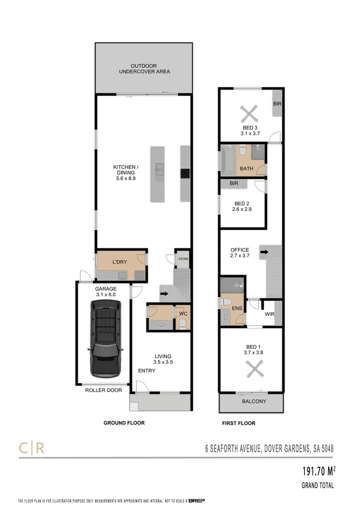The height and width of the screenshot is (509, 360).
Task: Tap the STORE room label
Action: pyautogui.click(x=183, y=259)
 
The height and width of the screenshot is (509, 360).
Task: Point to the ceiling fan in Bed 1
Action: pyautogui.click(x=253, y=369)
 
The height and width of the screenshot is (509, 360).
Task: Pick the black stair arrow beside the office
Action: pyautogui.click(x=264, y=252)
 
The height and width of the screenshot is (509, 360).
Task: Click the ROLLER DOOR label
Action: pyautogui.click(x=103, y=390)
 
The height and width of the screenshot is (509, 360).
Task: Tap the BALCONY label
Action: pyautogui.click(x=254, y=402)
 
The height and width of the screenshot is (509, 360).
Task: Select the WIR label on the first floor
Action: pyautogui.click(x=270, y=314)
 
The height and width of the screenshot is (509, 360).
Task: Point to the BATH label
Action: pyautogui.click(x=246, y=168)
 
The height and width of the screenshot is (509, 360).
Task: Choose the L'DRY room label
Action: pyautogui.click(x=119, y=262)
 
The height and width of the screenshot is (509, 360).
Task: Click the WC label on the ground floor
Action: pyautogui.click(x=183, y=313)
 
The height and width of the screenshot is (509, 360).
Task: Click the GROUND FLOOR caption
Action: pyautogui.click(x=124, y=423)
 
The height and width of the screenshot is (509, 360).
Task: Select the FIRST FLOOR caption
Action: pyautogui.click(x=238, y=423)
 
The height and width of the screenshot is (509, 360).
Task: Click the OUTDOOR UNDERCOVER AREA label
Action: pyautogui.click(x=144, y=69)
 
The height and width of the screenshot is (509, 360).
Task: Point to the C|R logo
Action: pyautogui.click(x=31, y=447)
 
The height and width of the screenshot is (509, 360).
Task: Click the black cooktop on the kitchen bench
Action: pyautogui.click(x=185, y=173)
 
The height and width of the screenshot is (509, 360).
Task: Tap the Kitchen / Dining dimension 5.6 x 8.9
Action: pyautogui.click(x=125, y=179)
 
